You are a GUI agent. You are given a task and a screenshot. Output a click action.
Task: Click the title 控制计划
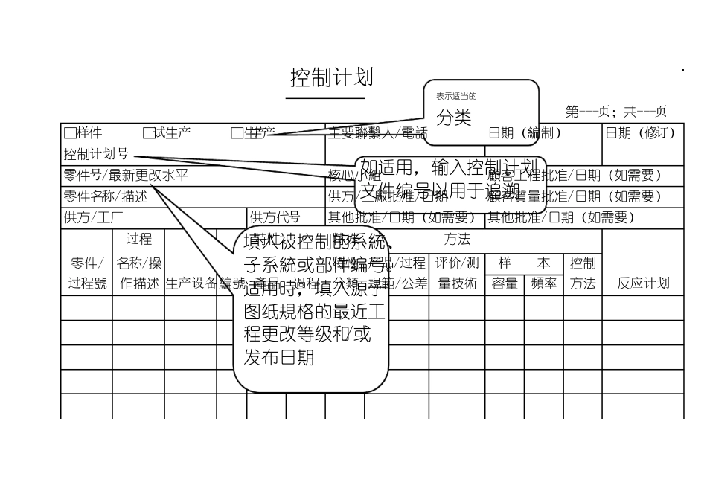tap(331, 77)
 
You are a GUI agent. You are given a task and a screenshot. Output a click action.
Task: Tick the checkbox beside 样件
tap(69, 133)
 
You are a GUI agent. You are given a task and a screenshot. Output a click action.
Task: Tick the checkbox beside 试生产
tap(148, 133)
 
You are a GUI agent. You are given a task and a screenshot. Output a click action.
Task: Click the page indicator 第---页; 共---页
tap(615, 112)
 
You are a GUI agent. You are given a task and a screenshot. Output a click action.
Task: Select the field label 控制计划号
tap(96, 155)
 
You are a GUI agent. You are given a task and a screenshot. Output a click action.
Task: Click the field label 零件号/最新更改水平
tap(126, 176)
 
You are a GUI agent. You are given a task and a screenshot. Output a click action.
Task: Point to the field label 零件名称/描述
tap(106, 196)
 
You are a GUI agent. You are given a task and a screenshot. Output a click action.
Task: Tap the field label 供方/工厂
tap(94, 217)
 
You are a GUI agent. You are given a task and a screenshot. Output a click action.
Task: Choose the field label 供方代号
tap(275, 217)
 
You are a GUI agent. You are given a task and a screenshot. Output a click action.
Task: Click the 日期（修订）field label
tap(642, 133)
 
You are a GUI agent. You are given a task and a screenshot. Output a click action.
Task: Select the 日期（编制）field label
tap(525, 133)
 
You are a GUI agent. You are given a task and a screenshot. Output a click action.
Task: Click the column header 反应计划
tap(643, 283)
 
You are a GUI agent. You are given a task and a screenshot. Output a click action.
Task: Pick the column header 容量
tap(504, 283)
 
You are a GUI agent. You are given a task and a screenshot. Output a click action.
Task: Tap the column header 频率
tap(543, 283)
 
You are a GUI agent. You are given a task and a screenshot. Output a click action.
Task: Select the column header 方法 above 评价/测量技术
tap(457, 240)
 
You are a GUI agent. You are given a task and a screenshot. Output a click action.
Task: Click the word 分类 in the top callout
tap(454, 117)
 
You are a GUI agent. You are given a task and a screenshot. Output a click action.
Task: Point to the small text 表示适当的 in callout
tap(456, 96)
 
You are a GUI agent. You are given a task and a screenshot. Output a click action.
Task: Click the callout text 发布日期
tap(278, 357)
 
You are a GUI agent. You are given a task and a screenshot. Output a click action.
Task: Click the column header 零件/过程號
tap(87, 273)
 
